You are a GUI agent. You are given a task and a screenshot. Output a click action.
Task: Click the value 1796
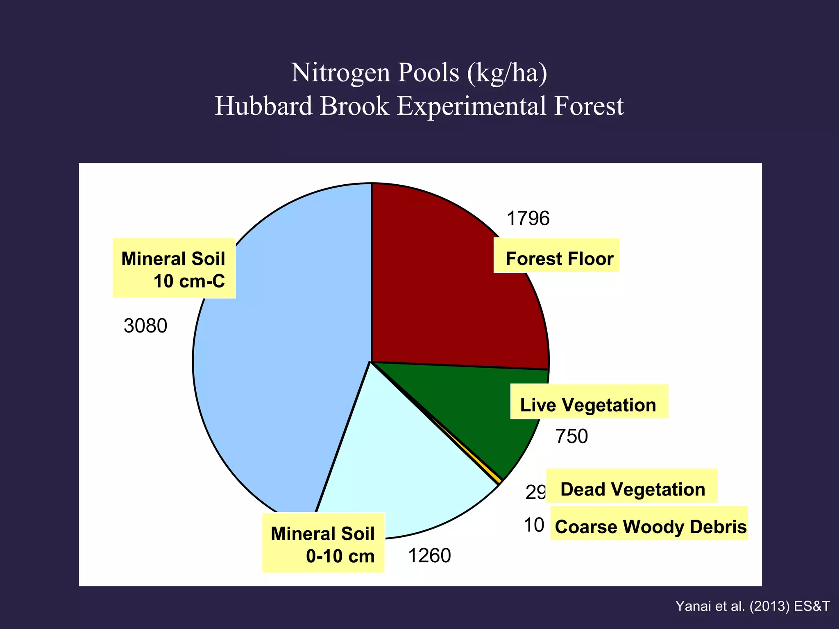(528, 219)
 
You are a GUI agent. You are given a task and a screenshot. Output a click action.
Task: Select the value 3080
(145, 326)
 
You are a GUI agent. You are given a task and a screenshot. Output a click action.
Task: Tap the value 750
(571, 437)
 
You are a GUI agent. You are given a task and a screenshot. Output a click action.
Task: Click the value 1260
(429, 556)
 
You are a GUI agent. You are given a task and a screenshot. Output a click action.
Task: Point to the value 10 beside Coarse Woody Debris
(534, 525)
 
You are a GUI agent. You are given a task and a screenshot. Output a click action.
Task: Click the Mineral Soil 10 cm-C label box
(174, 268)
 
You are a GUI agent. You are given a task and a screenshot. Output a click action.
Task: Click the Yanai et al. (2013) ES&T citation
(753, 606)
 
